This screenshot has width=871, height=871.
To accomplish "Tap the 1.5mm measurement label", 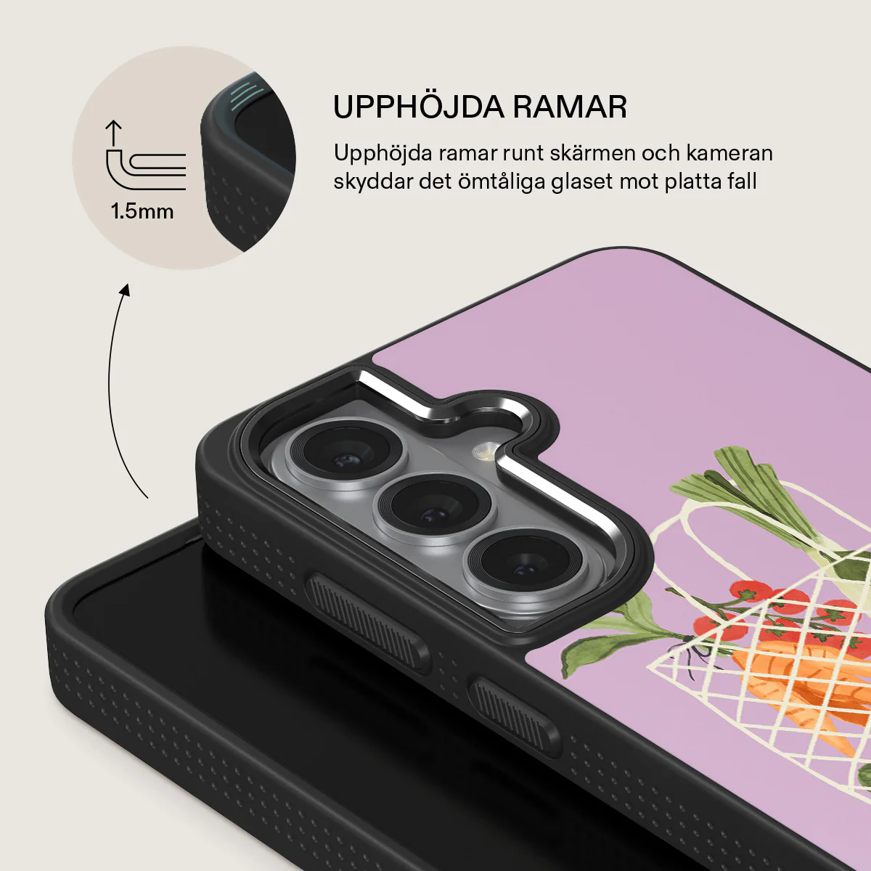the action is [142, 211].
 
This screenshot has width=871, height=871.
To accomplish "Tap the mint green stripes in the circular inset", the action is [245, 95].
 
